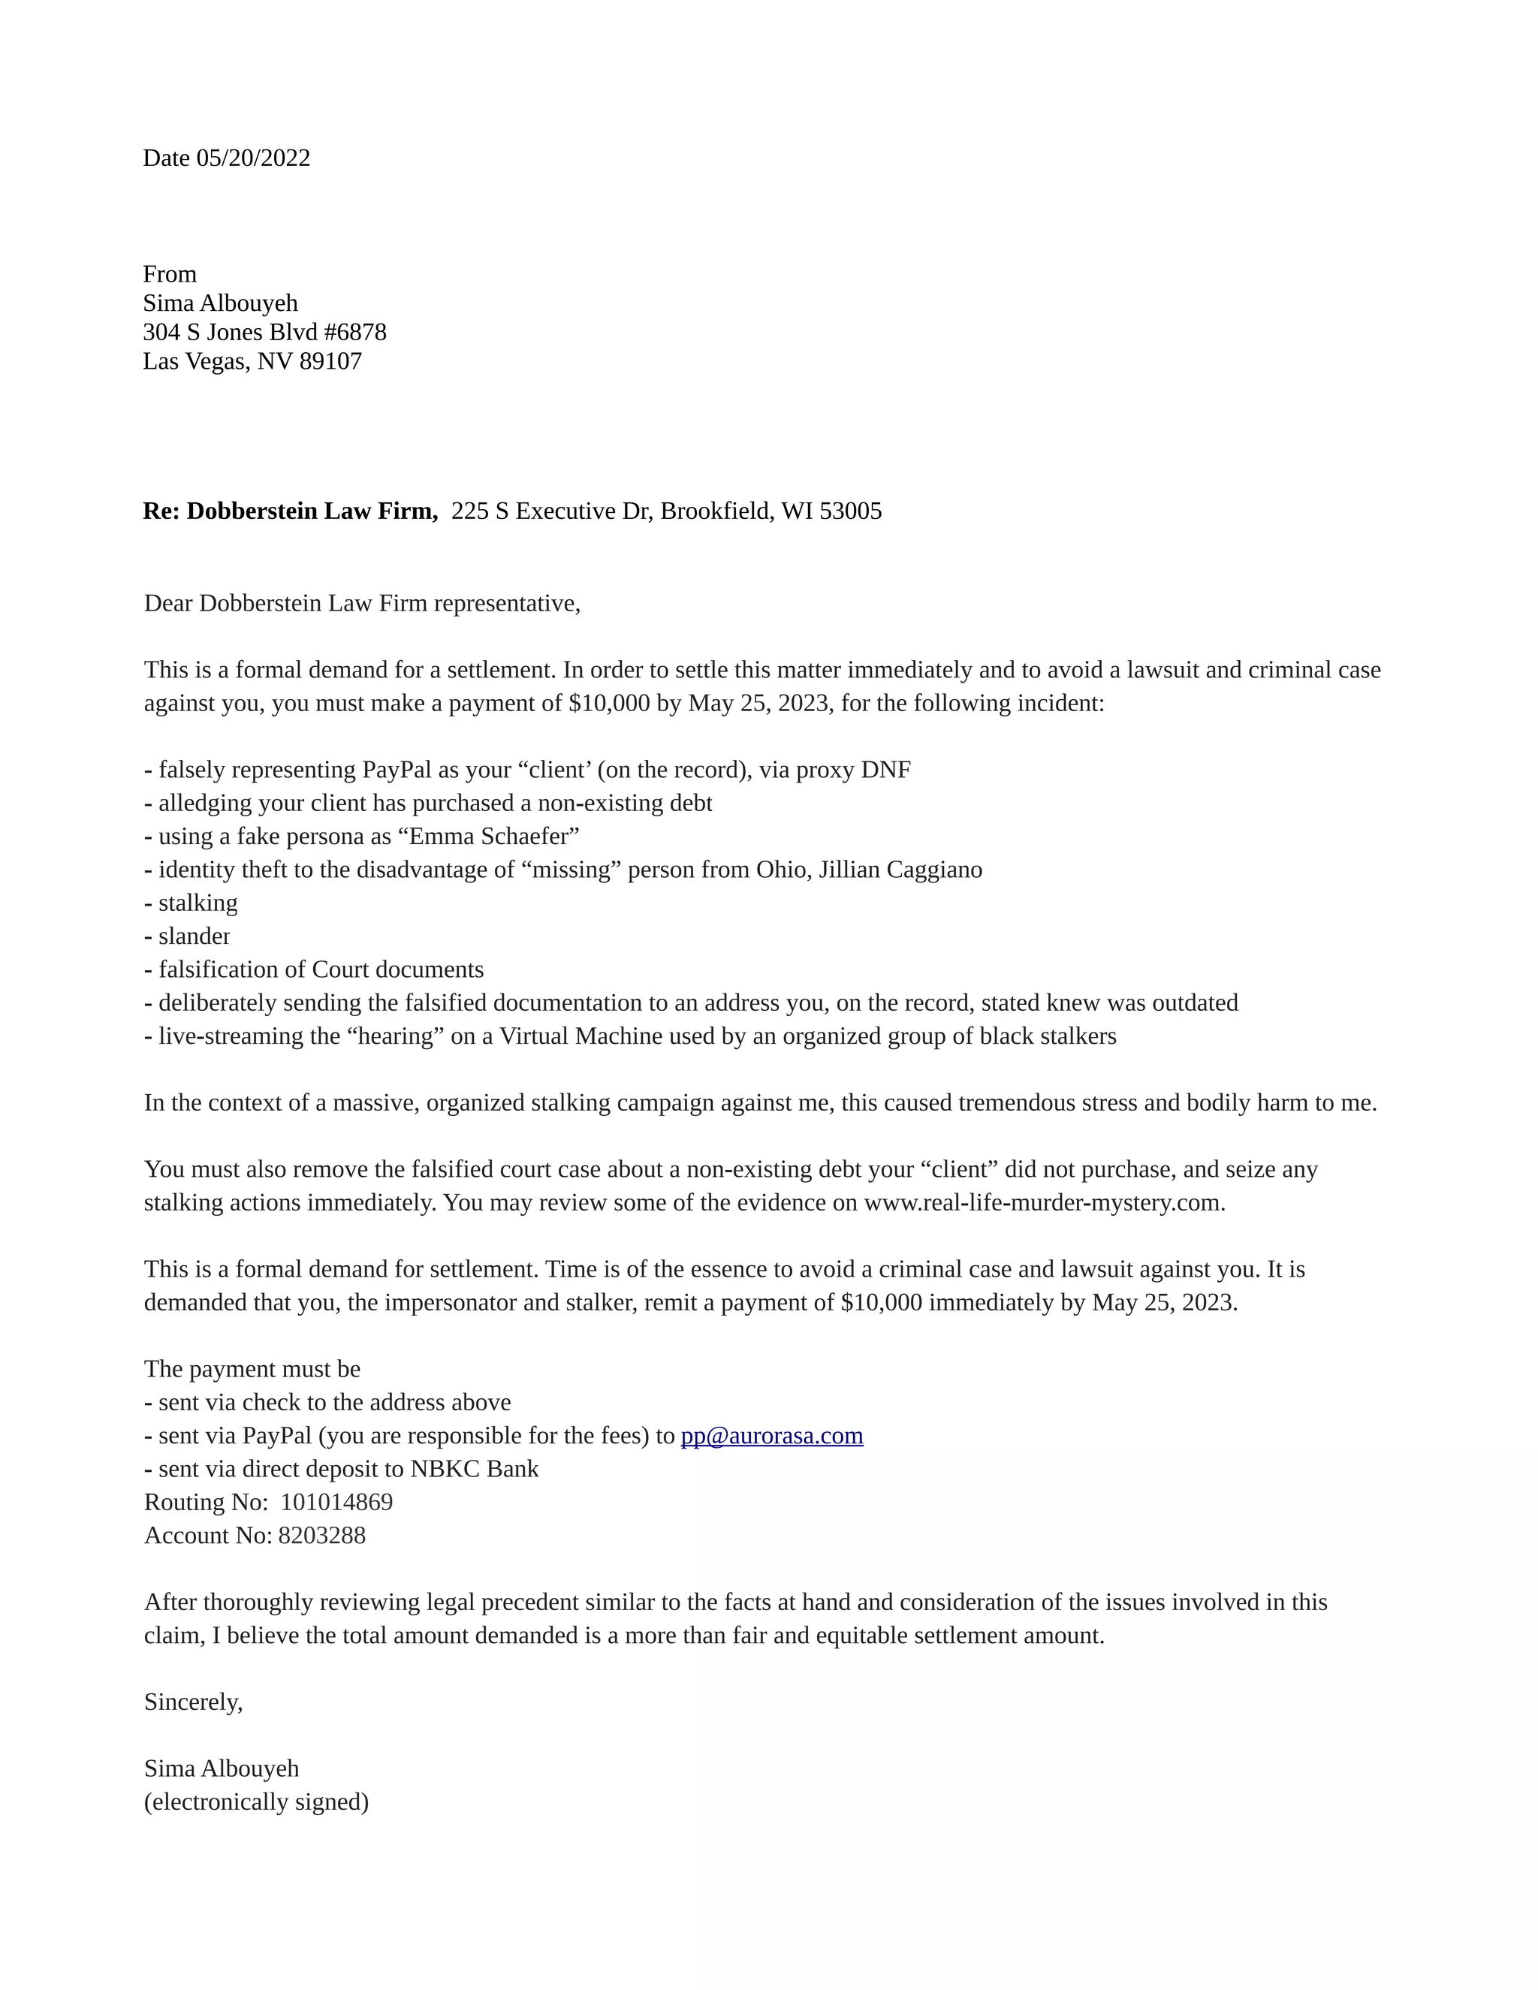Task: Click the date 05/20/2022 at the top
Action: pos(253,158)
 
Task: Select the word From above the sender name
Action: pos(170,274)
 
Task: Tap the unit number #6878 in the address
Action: pos(354,333)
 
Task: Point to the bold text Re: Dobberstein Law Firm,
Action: pos(290,511)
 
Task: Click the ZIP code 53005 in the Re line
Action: pos(850,511)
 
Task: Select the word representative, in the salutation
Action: pos(507,604)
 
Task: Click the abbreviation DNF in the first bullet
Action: pos(885,770)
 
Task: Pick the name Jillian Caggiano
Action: pos(900,870)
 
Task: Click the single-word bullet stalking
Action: pos(198,903)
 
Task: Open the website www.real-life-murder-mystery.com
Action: pos(1043,1203)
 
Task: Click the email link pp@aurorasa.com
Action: pos(772,1436)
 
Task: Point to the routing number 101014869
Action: pos(336,1503)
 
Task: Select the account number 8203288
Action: pos(321,1536)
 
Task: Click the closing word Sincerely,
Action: pos(193,1702)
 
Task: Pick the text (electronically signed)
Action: pos(256,1802)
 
